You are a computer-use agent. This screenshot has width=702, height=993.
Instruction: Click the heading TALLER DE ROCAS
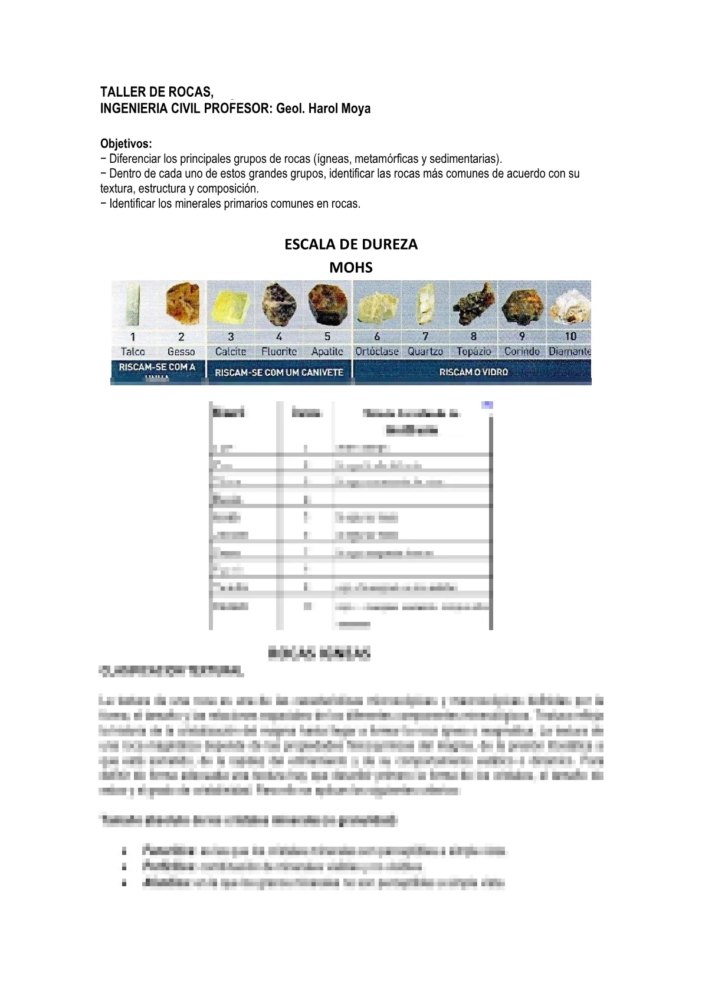click(156, 92)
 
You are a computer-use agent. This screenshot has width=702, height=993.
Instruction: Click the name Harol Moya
click(339, 109)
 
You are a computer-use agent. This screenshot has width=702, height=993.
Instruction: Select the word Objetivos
click(126, 143)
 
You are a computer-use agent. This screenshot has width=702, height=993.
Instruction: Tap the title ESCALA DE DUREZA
click(350, 244)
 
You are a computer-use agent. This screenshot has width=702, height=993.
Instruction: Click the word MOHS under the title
click(350, 267)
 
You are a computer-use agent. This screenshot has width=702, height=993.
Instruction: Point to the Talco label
click(133, 352)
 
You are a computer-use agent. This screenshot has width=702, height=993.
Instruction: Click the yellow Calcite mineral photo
click(231, 305)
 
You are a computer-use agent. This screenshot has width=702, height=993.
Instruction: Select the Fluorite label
click(279, 352)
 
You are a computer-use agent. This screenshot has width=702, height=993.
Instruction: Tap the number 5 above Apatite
click(327, 337)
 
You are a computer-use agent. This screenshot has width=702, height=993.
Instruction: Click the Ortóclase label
click(376, 352)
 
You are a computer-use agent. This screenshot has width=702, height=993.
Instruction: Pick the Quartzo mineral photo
click(425, 304)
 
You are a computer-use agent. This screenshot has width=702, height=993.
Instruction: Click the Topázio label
click(473, 352)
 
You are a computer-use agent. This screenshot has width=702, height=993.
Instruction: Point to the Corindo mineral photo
click(521, 305)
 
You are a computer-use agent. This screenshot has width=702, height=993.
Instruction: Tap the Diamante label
click(569, 352)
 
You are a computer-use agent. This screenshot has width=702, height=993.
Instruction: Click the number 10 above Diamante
click(570, 337)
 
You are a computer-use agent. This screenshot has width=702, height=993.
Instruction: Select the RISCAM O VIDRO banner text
click(473, 372)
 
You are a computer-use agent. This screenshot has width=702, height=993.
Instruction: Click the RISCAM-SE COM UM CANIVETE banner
click(279, 373)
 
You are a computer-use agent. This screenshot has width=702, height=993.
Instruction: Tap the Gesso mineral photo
click(182, 304)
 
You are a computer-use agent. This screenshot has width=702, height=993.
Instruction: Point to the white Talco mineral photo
click(133, 305)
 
